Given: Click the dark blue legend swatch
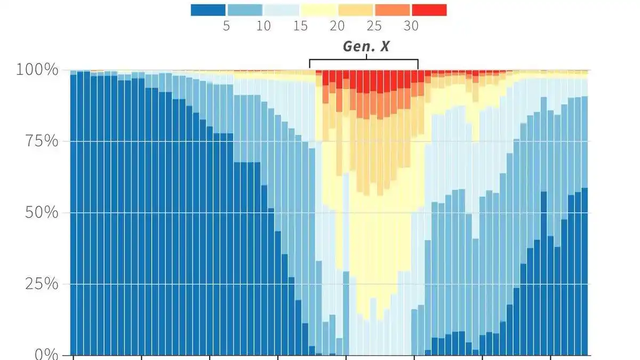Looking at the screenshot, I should coord(208,10).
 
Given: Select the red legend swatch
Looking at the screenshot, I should coord(429,10).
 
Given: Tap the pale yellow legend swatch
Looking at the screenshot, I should coord(318,10).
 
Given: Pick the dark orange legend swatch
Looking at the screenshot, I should coord(393,10).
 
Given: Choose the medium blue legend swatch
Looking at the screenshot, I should coord(245,10).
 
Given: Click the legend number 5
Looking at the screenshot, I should coord(226,26).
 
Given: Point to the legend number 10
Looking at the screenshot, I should coord(263,26).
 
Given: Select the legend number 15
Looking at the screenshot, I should coord(300,26).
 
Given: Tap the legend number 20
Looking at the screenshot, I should coord(337,26).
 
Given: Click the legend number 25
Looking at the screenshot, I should coord(374,26).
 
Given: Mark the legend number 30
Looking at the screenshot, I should coord(411,26).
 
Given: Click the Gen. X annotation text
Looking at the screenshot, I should coord(366,46).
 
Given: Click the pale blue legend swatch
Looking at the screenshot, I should coord(282,10).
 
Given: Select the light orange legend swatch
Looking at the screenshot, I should coord(356,10).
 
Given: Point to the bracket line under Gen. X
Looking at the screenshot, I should coord(364,60).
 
